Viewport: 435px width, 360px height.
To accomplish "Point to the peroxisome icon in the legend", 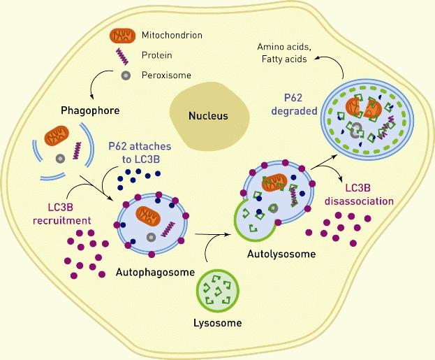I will (124, 75).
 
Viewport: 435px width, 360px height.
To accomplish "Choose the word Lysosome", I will (218, 324).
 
